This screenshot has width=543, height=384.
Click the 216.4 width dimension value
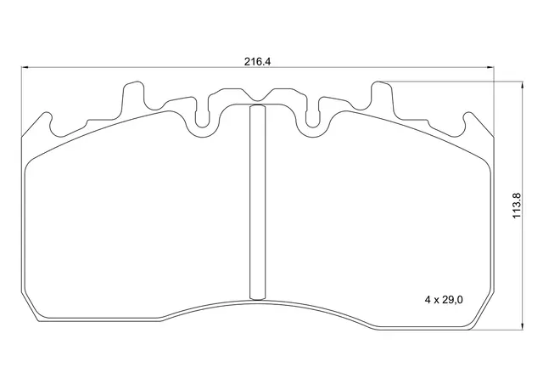[x=257, y=62]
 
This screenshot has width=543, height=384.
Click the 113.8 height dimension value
[x=517, y=206]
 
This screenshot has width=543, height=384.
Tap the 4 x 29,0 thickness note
[x=444, y=300]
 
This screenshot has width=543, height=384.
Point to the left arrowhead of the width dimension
[x=25, y=67]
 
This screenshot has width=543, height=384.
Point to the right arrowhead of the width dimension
[x=491, y=67]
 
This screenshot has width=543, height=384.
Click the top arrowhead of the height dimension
[x=523, y=85]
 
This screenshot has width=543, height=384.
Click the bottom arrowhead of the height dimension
[x=523, y=326]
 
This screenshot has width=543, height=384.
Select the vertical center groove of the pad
[x=257, y=202]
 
